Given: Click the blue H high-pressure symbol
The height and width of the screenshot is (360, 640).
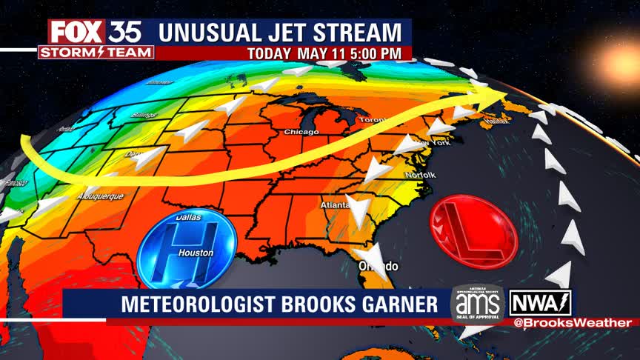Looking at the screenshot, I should pyautogui.click(x=187, y=249).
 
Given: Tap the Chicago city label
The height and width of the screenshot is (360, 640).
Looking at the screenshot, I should pyautogui.click(x=301, y=132).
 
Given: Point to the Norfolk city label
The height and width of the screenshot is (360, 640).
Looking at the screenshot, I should pyautogui.click(x=419, y=175).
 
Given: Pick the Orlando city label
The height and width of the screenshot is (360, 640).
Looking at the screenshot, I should pyautogui.click(x=379, y=266).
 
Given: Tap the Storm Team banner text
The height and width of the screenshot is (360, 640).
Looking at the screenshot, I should pyautogui.click(x=96, y=53).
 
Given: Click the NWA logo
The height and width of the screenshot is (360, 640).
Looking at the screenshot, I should pyautogui.click(x=540, y=303).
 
